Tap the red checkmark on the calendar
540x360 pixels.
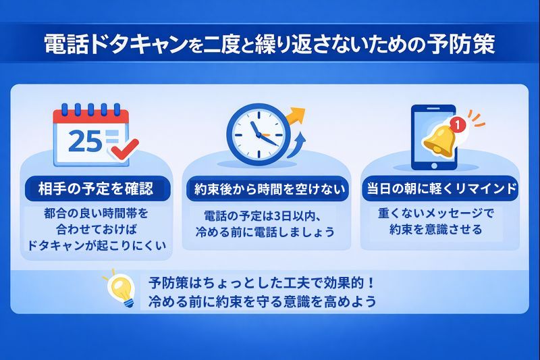[x=123, y=150]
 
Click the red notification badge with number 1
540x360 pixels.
[x=458, y=124]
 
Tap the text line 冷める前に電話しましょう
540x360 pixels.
[x=265, y=232]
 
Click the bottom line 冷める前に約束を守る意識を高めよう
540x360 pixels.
[x=263, y=300]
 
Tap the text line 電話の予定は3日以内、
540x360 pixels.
[x=265, y=216]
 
